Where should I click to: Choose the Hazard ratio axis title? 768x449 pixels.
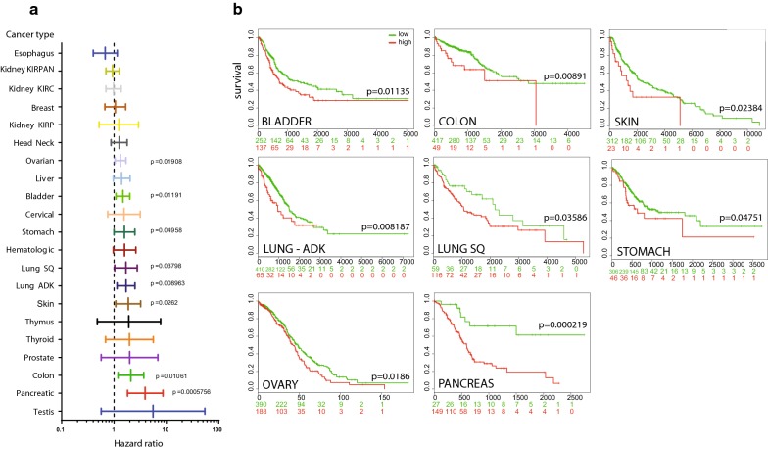(x=116, y=437)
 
